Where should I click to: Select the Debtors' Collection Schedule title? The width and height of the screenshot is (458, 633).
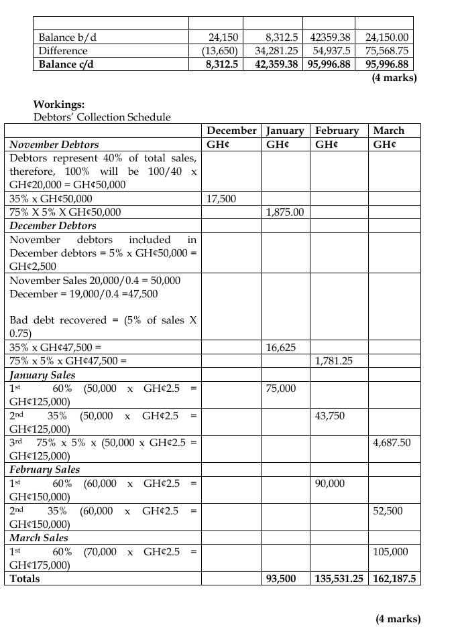[102, 117]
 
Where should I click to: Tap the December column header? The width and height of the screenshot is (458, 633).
[231, 131]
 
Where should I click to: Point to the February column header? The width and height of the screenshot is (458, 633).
[337, 131]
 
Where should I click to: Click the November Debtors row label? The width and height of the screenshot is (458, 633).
[54, 145]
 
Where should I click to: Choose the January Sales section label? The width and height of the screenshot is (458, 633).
[42, 375]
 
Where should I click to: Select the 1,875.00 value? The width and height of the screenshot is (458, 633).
[285, 212]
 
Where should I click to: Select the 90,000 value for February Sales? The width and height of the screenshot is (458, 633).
[329, 484]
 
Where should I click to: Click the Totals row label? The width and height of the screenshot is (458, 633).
[25, 579]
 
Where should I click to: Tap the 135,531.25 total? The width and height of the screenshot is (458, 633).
[339, 579]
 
